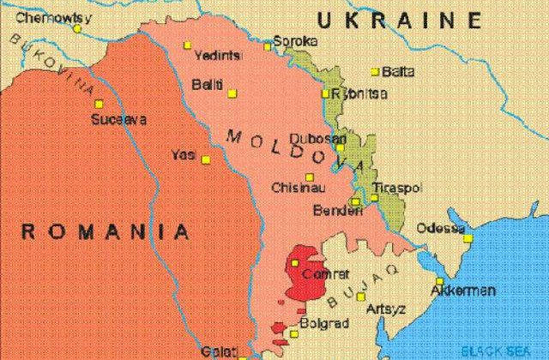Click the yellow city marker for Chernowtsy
pos(77,28)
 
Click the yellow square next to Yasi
pos(205,159)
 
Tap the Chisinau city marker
pos(309,177)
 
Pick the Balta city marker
pos(375,71)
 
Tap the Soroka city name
pos(294,40)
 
